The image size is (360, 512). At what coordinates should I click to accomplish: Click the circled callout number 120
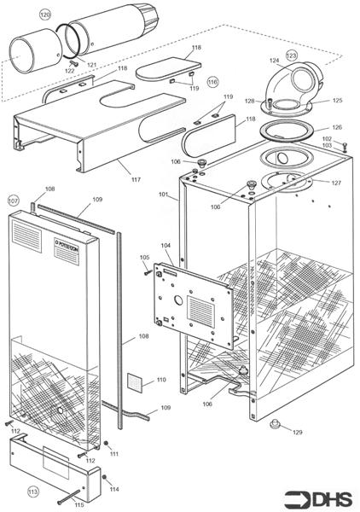pyautogui.click(x=44, y=15)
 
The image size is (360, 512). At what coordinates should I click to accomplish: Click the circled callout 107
pyautogui.click(x=13, y=201)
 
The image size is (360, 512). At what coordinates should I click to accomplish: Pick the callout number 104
pyautogui.click(x=165, y=245)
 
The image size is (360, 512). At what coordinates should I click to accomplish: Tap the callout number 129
pyautogui.click(x=297, y=433)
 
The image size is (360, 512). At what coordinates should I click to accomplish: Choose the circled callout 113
pyautogui.click(x=32, y=492)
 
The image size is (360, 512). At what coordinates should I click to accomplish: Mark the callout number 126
pyautogui.click(x=337, y=127)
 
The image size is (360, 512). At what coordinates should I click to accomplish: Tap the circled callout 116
pyautogui.click(x=212, y=82)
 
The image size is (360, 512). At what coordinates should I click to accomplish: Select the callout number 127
pyautogui.click(x=336, y=183)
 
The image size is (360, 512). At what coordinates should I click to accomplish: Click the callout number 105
pyautogui.click(x=143, y=257)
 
